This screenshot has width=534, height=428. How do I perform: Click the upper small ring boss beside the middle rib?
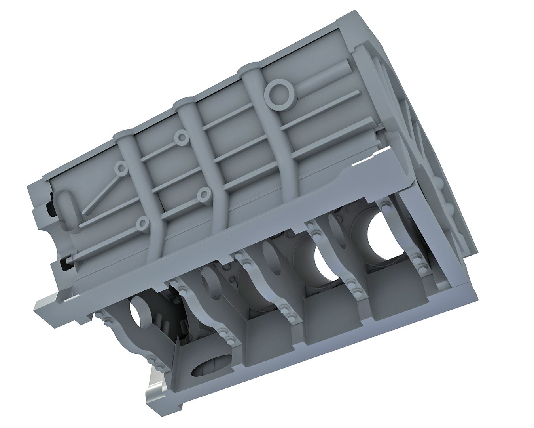[182, 137]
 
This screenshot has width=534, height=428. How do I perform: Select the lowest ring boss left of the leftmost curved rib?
[142, 224]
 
